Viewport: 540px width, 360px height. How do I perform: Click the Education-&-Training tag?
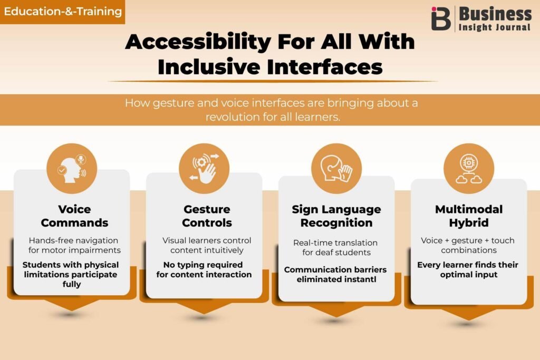pyautogui.click(x=62, y=12)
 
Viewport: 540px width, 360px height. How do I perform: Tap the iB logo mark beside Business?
pyautogui.click(x=441, y=18)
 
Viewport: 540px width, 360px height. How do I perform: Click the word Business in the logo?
pyautogui.click(x=495, y=14)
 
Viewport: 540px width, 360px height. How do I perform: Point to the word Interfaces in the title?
pyautogui.click(x=325, y=66)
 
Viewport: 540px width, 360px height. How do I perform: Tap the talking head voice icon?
pyautogui.click(x=72, y=169)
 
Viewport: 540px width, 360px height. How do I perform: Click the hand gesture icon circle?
pyautogui.click(x=204, y=169)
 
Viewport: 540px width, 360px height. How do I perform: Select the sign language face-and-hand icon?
pyautogui.click(x=336, y=169)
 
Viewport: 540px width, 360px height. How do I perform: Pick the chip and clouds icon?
pyautogui.click(x=469, y=169)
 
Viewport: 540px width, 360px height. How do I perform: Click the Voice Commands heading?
pyautogui.click(x=74, y=216)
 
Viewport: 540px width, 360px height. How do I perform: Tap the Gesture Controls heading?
pyautogui.click(x=207, y=216)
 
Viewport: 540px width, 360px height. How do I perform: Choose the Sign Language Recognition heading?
pyautogui.click(x=336, y=216)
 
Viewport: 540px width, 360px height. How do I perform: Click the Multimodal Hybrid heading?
pyautogui.click(x=469, y=216)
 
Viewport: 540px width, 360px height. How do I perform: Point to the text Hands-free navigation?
pyautogui.click(x=73, y=240)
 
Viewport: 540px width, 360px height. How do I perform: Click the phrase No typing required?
pyautogui.click(x=203, y=265)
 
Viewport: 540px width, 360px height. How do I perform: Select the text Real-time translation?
pyautogui.click(x=335, y=242)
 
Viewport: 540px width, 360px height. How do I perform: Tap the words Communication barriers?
pyautogui.click(x=335, y=269)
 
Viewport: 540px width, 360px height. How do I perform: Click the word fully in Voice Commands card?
pyautogui.click(x=72, y=284)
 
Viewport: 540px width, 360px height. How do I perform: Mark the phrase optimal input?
pyautogui.click(x=469, y=275)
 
